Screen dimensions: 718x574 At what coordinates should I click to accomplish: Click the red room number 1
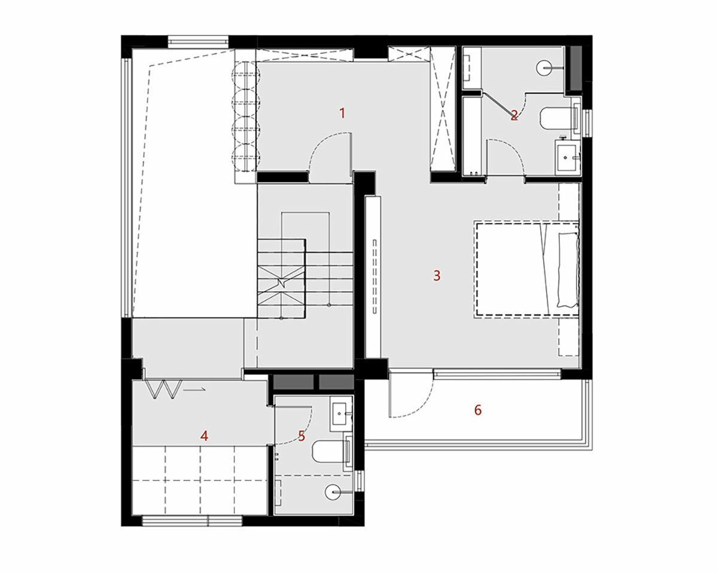(x=342, y=114)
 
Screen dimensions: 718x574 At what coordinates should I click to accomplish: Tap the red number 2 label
(x=514, y=115)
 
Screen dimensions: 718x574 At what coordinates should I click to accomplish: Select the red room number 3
(x=437, y=276)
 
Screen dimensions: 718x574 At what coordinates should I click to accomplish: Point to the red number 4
(x=204, y=436)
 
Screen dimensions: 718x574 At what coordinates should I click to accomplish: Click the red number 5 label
(x=302, y=436)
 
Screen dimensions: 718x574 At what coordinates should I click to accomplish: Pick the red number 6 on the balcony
(x=478, y=410)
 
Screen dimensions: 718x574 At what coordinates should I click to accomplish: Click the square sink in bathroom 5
(x=341, y=414)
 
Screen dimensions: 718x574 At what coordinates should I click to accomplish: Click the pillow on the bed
(x=568, y=270)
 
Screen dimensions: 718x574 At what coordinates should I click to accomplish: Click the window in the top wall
(x=198, y=42)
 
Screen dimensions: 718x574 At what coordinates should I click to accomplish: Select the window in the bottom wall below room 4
(x=192, y=521)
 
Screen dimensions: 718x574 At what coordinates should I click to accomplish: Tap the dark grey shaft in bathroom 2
(x=576, y=68)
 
